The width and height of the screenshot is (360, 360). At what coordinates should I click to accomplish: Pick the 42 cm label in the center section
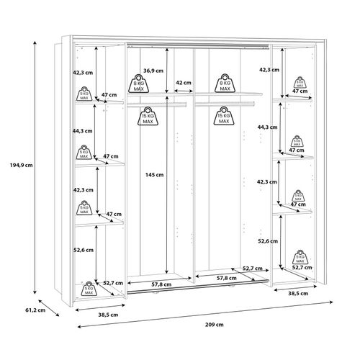(x=183, y=83)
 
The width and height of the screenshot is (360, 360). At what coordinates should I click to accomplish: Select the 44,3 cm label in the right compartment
(x=266, y=127)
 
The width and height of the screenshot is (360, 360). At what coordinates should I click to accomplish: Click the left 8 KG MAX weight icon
(x=140, y=83)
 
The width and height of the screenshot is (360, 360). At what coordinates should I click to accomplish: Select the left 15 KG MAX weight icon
(x=148, y=115)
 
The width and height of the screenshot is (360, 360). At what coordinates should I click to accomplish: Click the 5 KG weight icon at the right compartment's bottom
(x=299, y=261)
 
